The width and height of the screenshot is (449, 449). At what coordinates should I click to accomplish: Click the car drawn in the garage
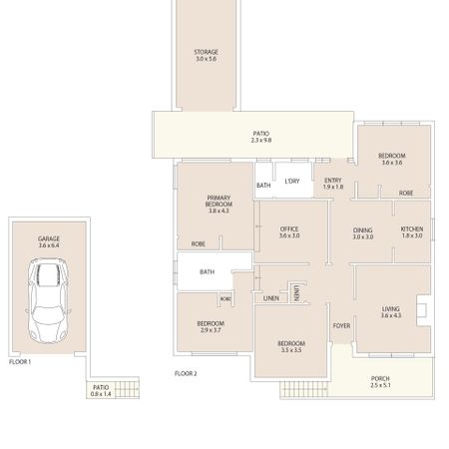click(48, 300)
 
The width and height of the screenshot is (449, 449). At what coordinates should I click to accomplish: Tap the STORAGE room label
click(207, 52)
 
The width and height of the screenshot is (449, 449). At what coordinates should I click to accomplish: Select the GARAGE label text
click(48, 238)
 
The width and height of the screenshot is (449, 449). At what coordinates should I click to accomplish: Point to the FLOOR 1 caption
click(20, 361)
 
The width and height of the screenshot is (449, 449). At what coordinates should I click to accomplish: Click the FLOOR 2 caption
click(186, 373)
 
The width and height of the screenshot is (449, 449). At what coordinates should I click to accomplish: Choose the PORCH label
click(380, 378)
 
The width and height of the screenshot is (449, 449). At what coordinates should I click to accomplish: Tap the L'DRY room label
click(291, 181)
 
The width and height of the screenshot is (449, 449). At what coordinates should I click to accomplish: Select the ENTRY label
click(333, 181)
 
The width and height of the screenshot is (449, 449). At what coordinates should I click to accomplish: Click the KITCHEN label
click(412, 229)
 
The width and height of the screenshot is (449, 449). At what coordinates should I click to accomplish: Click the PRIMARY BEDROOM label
click(219, 201)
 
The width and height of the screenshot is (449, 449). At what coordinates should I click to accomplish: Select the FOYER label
click(341, 324)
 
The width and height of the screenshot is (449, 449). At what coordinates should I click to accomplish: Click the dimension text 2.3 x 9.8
click(261, 140)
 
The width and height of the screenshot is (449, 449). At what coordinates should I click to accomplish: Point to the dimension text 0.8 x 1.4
click(101, 395)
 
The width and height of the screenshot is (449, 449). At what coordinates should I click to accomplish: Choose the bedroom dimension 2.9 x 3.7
click(210, 330)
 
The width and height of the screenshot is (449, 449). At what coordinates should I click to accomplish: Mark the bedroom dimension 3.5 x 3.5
click(289, 351)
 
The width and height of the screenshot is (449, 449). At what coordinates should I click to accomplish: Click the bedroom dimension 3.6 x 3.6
click(391, 163)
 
